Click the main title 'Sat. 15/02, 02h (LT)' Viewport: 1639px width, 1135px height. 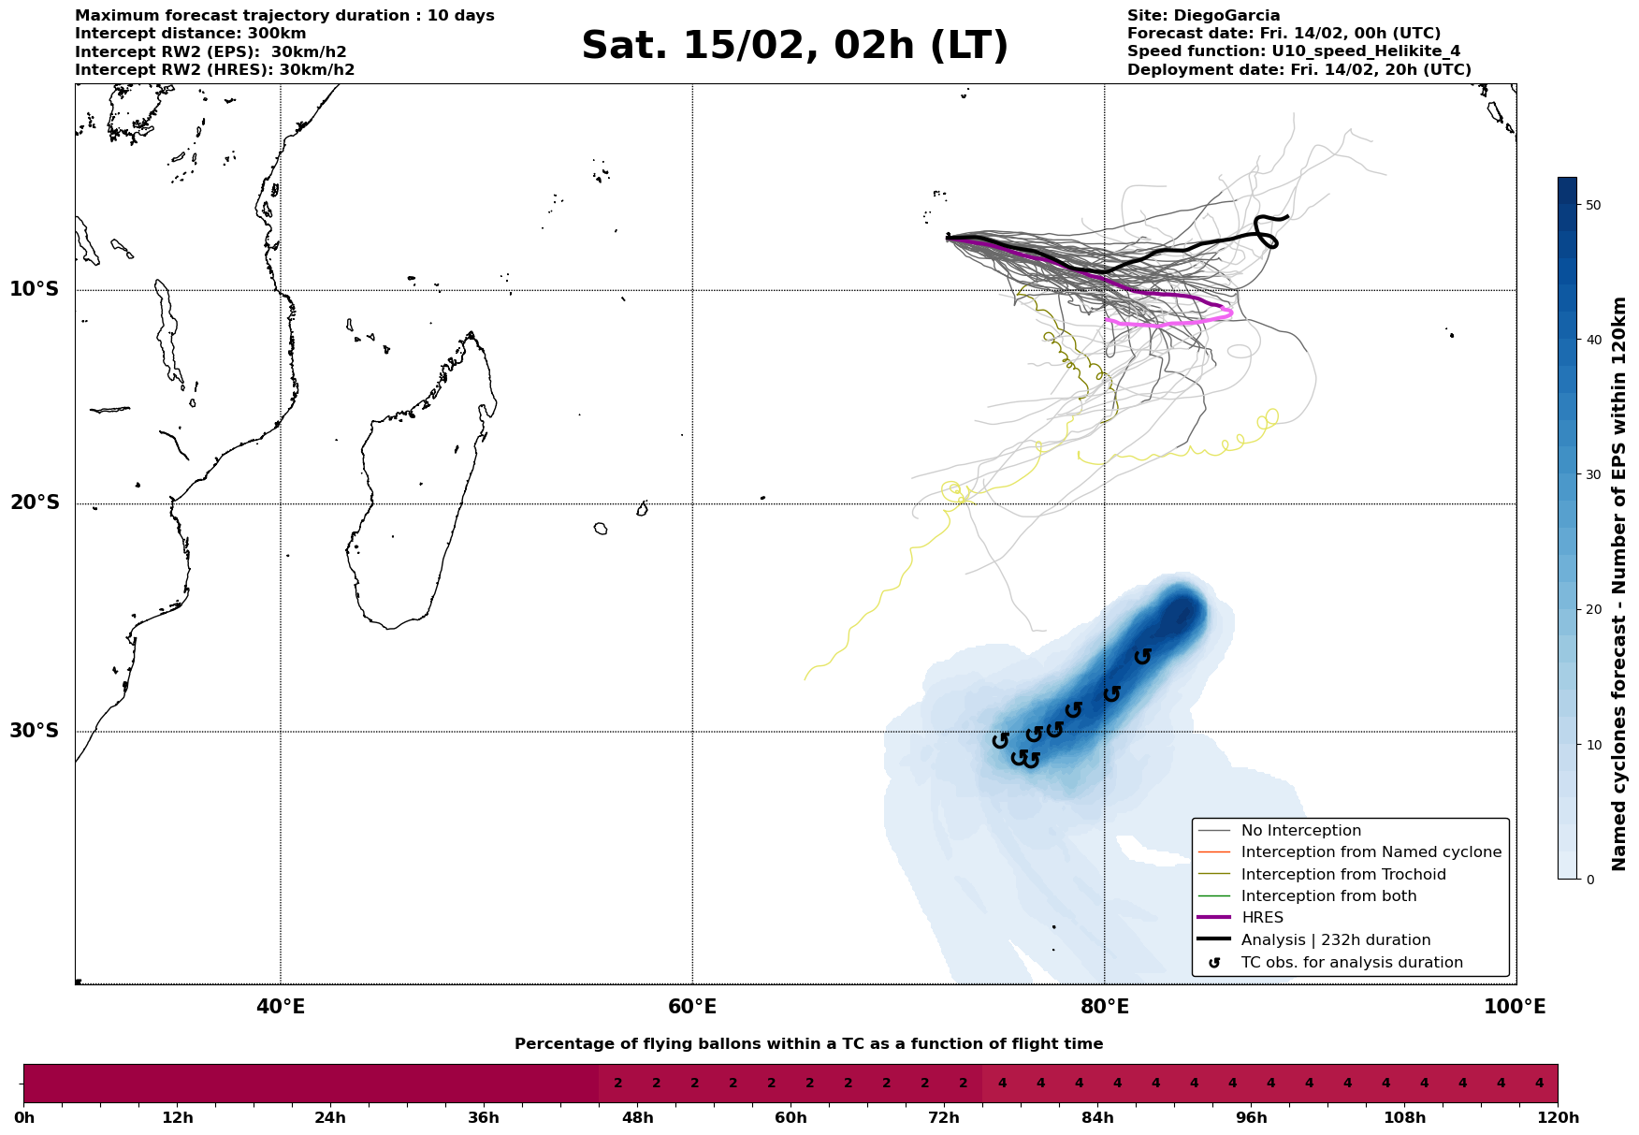click(794, 46)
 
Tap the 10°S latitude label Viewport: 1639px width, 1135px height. click(35, 289)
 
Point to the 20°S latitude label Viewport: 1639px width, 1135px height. click(35, 503)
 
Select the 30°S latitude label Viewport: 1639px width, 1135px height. click(35, 731)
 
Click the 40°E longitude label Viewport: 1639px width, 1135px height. click(281, 1008)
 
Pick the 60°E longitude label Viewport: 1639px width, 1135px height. click(692, 1008)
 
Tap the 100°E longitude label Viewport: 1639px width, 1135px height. click(1515, 1008)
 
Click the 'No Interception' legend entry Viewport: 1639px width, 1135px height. click(1300, 831)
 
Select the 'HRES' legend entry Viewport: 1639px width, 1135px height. click(1262, 918)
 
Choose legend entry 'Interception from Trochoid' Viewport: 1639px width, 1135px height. click(1342, 875)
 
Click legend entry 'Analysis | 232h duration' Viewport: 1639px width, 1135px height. click(1335, 940)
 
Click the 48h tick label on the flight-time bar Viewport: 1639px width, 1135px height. click(637, 1118)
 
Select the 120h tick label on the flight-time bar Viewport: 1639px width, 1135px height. click(1557, 1118)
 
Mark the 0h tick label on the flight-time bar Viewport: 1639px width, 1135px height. click(24, 1118)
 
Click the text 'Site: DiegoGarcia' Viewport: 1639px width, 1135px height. click(1203, 16)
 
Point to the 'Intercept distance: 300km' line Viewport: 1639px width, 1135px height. click(190, 34)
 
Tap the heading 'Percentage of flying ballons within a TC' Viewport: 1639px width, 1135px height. click(808, 1044)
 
